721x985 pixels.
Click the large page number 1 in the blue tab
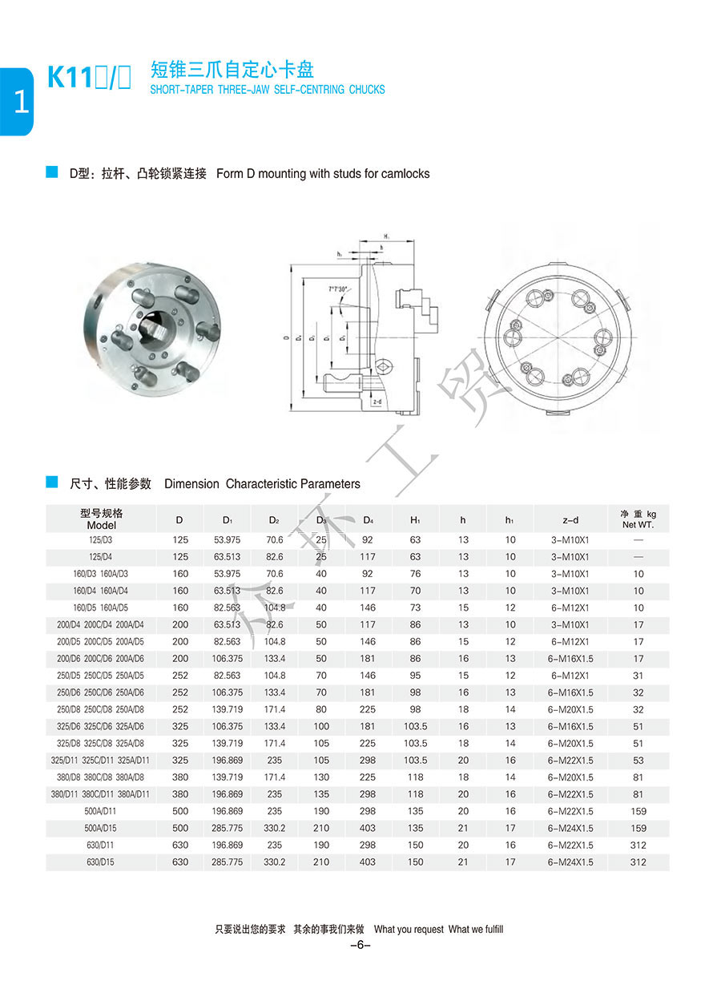point(19,103)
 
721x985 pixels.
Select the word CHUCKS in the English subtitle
point(367,90)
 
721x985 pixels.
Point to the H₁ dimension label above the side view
point(385,236)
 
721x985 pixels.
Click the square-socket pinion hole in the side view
point(385,365)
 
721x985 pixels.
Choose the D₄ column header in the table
point(368,519)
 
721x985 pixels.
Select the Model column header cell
point(102,519)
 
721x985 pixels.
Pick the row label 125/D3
point(101,540)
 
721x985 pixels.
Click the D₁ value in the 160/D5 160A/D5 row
point(227,608)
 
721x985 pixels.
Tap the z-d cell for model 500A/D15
point(570,828)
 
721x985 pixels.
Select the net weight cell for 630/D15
point(638,862)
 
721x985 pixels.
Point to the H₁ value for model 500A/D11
point(415,811)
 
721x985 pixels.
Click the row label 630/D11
point(101,845)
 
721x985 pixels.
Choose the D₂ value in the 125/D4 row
point(275,557)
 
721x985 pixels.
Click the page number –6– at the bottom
point(360,945)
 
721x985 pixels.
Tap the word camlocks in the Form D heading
point(405,173)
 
